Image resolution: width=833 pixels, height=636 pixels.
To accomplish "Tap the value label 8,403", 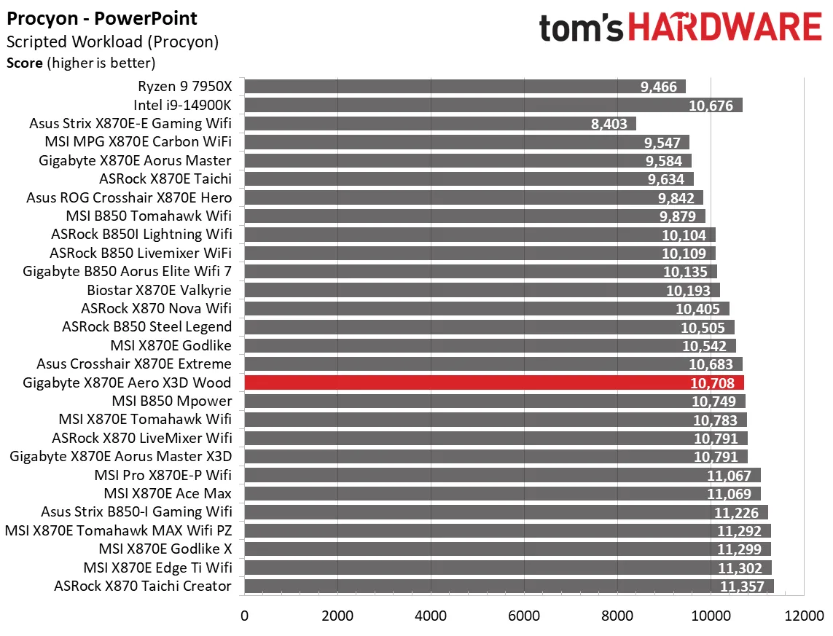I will point(609,124).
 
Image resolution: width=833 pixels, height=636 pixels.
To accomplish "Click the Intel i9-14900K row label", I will point(182,105).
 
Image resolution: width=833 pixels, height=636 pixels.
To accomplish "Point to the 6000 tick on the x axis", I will point(524,616).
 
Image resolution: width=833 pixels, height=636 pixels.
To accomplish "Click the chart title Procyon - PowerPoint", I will point(102,18).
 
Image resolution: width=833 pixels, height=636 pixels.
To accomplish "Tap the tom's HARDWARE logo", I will point(680,28).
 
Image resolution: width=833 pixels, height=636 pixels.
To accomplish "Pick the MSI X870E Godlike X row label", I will point(165,549).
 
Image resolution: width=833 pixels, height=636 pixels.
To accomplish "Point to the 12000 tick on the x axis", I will point(803,616).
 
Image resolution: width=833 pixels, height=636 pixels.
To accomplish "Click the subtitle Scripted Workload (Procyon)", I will point(112,42).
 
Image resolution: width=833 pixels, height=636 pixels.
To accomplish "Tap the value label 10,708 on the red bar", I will point(711,383).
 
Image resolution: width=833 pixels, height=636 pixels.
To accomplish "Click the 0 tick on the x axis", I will point(245,616).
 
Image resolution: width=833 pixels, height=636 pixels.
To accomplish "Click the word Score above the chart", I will point(25,63).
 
